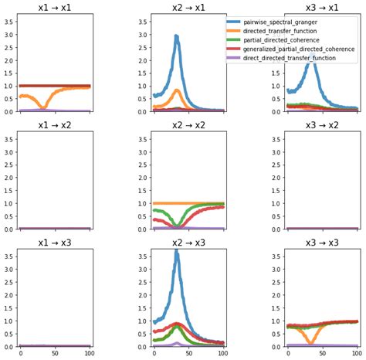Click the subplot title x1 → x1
(55, 7)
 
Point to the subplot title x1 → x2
(55, 124)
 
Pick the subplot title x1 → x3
(55, 243)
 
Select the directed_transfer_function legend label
(284, 32)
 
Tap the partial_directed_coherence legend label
(284, 40)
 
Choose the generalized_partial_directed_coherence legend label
(301, 49)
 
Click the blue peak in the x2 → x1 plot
(177, 36)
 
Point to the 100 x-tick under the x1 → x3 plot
(89, 354)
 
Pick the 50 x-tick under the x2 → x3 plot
(188, 354)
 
